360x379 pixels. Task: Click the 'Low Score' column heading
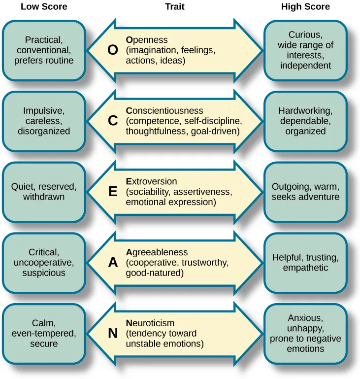click(x=44, y=7)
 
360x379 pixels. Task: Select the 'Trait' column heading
click(x=175, y=7)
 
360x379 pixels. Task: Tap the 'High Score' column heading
click(x=305, y=7)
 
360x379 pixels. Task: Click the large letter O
click(x=112, y=50)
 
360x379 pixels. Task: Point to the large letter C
click(x=112, y=121)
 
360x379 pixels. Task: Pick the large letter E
click(x=112, y=192)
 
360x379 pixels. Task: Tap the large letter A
click(x=112, y=263)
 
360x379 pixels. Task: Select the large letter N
click(x=112, y=333)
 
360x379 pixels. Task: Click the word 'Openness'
click(x=147, y=40)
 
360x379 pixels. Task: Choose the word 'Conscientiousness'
click(x=164, y=111)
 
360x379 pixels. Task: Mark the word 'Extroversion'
click(x=151, y=181)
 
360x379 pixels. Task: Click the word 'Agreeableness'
click(x=157, y=252)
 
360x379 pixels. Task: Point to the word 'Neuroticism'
click(x=150, y=323)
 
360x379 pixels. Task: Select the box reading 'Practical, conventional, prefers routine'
click(x=44, y=50)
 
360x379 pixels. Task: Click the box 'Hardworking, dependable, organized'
click(x=305, y=121)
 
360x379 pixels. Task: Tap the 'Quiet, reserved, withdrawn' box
click(x=44, y=192)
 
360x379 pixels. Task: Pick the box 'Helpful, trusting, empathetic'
click(x=305, y=263)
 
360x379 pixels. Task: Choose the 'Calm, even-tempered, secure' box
click(x=44, y=333)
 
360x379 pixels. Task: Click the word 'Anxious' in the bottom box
click(x=305, y=318)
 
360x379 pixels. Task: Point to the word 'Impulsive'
click(x=44, y=111)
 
